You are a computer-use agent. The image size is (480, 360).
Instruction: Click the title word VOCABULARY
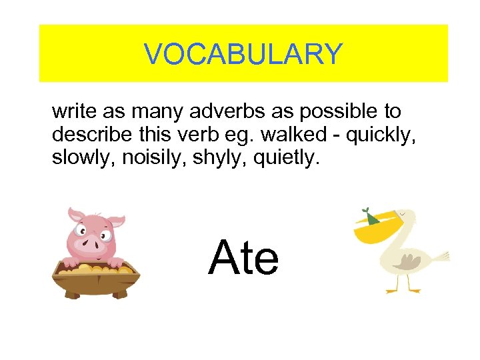pos(243,54)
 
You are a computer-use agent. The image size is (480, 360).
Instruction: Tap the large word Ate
pos(243,259)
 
